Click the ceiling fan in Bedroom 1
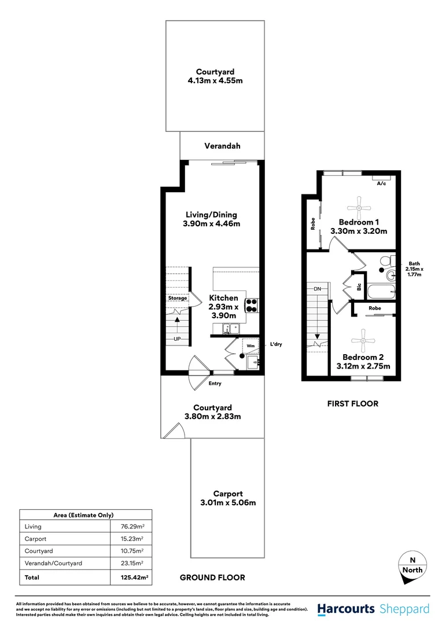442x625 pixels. pyautogui.click(x=358, y=204)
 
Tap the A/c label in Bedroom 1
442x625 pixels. pyautogui.click(x=381, y=183)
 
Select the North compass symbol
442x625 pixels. pyautogui.click(x=412, y=565)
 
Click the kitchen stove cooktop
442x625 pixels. pyautogui.click(x=252, y=304)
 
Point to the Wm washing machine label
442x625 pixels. pyautogui.click(x=251, y=345)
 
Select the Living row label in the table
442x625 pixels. pyautogui.click(x=34, y=527)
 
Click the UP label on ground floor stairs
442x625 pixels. pyautogui.click(x=178, y=339)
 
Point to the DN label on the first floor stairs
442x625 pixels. pyautogui.click(x=317, y=288)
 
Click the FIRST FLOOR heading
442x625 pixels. pyautogui.click(x=352, y=403)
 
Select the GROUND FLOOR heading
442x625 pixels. pyautogui.click(x=212, y=577)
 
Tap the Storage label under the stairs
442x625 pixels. pyautogui.click(x=178, y=298)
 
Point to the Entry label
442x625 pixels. pyautogui.click(x=215, y=383)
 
